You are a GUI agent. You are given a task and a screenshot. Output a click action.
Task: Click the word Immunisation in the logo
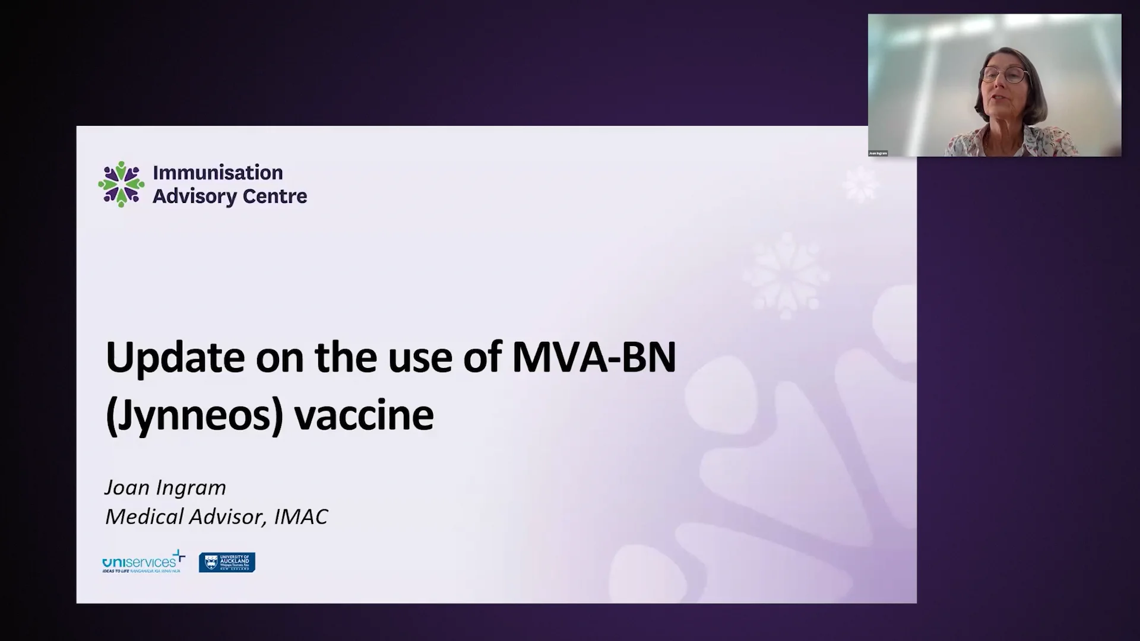(x=217, y=173)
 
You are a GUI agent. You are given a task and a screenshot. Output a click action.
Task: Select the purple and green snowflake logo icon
(x=122, y=184)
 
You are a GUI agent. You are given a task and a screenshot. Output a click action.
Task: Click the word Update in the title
(x=175, y=358)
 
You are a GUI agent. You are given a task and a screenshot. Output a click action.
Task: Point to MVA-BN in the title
(x=593, y=358)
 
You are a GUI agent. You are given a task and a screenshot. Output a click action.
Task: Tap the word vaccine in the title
(x=364, y=415)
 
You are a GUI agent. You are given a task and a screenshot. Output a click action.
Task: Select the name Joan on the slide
(x=126, y=487)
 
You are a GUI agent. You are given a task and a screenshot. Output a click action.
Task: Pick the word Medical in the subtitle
(x=144, y=516)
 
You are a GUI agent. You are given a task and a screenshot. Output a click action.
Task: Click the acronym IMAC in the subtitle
(x=300, y=516)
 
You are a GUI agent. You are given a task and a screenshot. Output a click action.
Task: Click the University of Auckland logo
(x=227, y=562)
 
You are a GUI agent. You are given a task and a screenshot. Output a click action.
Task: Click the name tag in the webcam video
(x=878, y=153)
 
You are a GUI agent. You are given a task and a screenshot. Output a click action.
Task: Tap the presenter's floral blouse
(x=1009, y=142)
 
